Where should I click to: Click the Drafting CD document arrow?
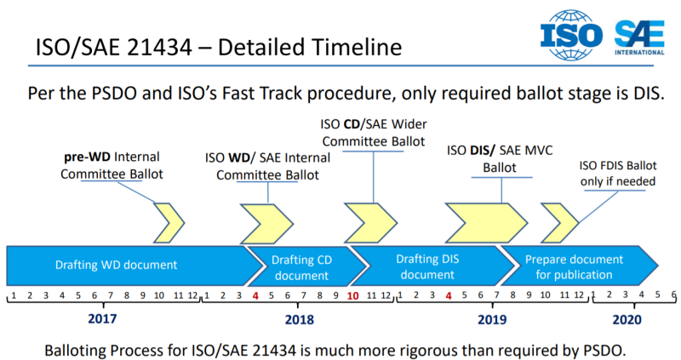pyautogui.click(x=301, y=267)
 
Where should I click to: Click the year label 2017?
pyautogui.click(x=103, y=318)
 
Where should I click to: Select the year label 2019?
pyautogui.click(x=491, y=319)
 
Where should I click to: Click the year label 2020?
pyautogui.click(x=628, y=319)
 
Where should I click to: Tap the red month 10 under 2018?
pyautogui.click(x=352, y=296)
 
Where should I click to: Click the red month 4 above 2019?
pyautogui.click(x=449, y=296)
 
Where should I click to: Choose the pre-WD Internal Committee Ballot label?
pyautogui.click(x=112, y=165)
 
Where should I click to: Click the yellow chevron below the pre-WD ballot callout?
pyautogui.click(x=167, y=223)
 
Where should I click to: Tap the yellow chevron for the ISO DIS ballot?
pyautogui.click(x=473, y=223)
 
